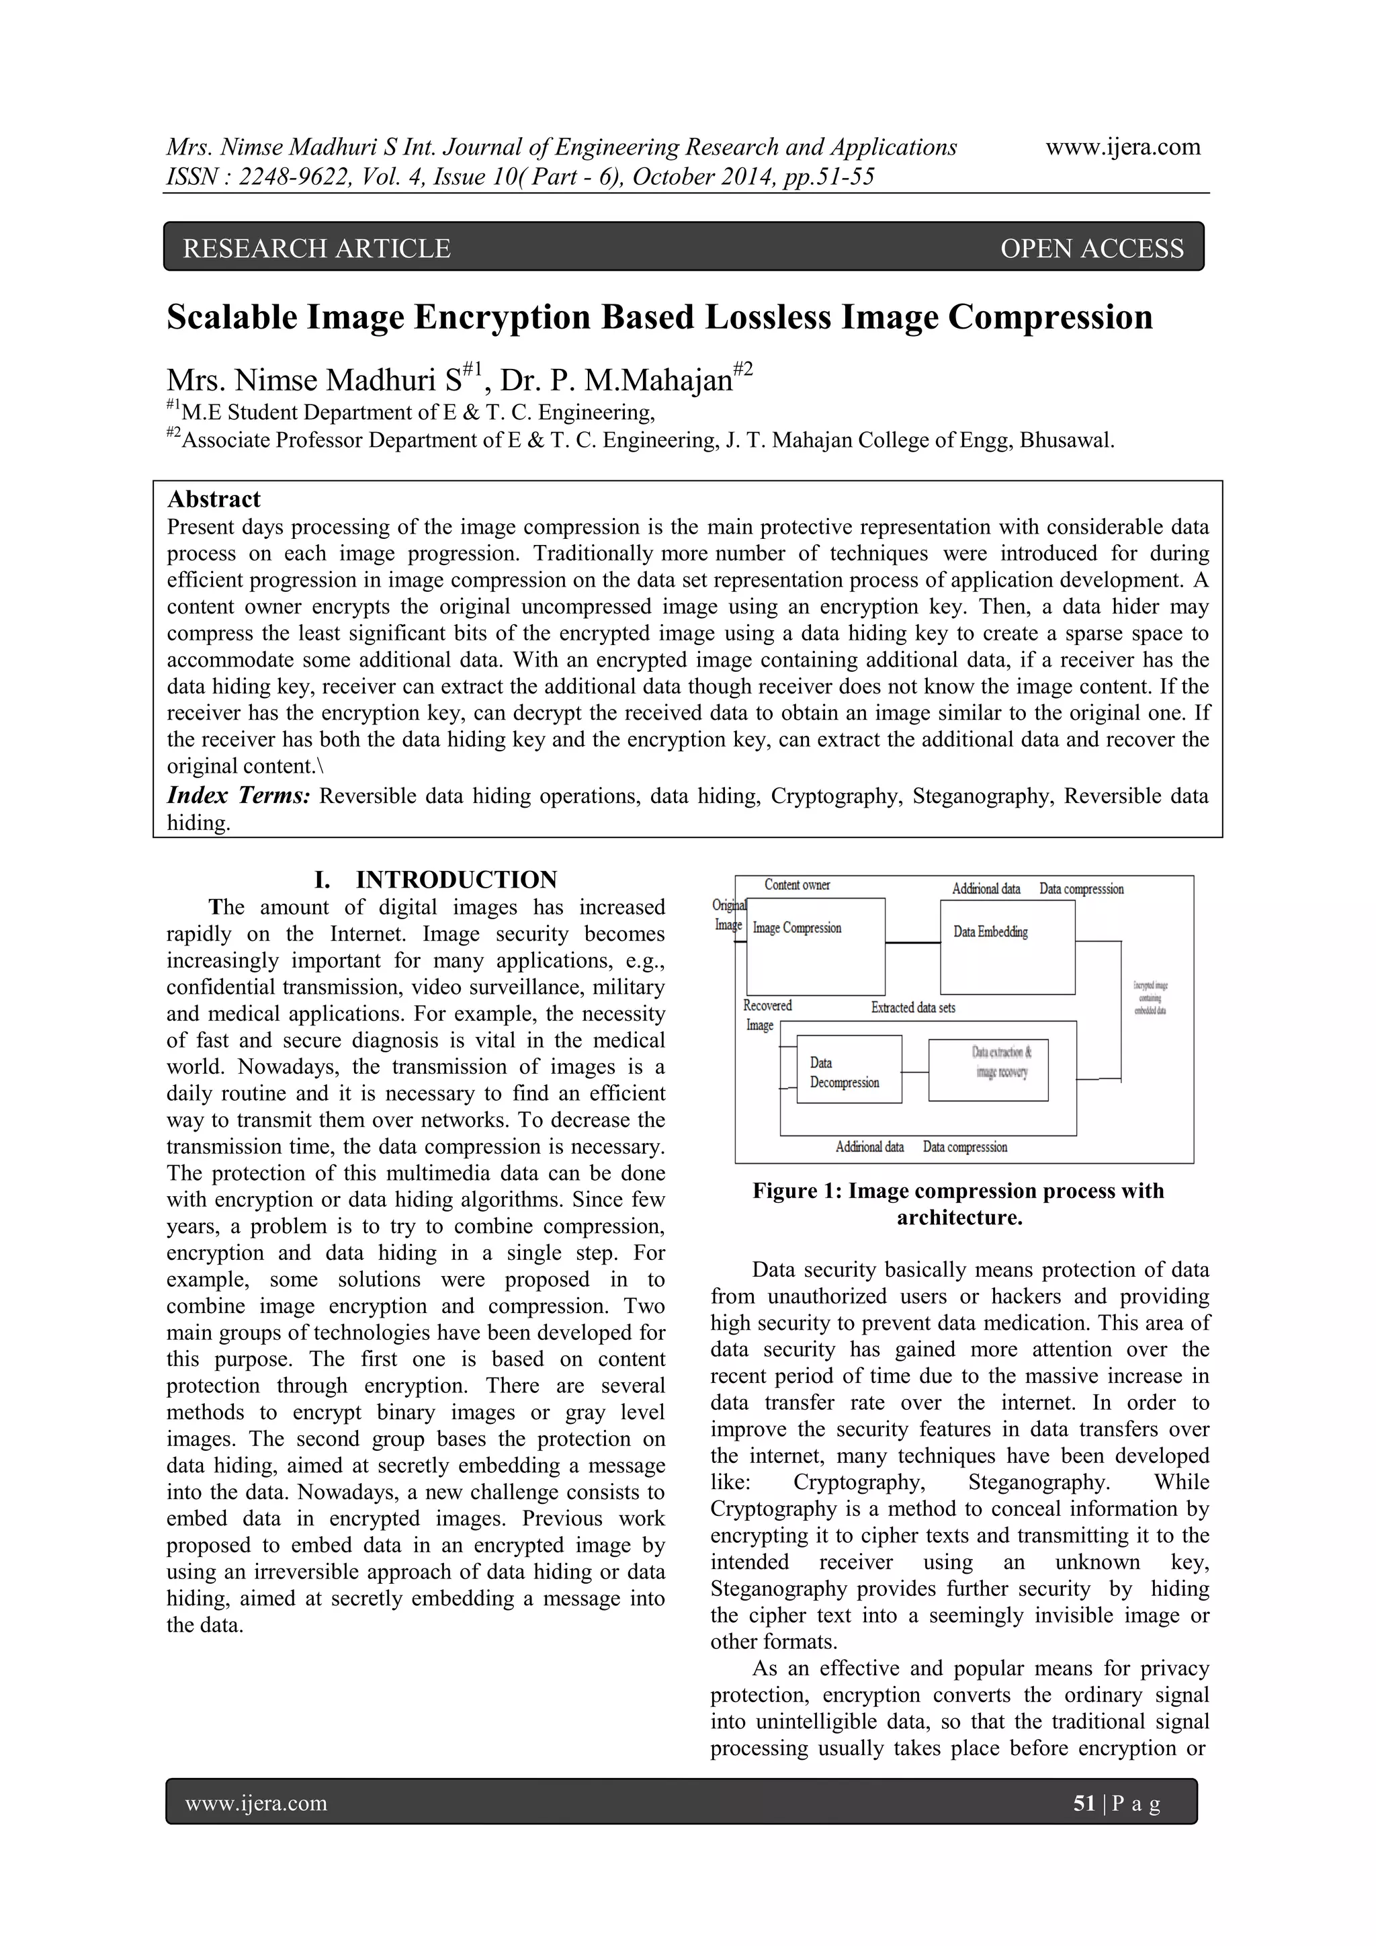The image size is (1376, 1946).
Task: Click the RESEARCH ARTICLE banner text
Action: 317,249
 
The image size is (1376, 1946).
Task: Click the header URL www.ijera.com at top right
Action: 1123,147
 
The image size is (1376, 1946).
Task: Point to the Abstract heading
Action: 214,499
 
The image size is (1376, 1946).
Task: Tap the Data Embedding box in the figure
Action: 1006,947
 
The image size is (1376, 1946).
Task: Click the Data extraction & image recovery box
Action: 988,1070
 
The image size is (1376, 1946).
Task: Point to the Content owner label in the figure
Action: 796,886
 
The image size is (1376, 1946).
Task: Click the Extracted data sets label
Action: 912,1008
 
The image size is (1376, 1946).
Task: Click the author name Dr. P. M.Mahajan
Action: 617,380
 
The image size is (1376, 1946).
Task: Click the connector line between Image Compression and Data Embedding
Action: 912,943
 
